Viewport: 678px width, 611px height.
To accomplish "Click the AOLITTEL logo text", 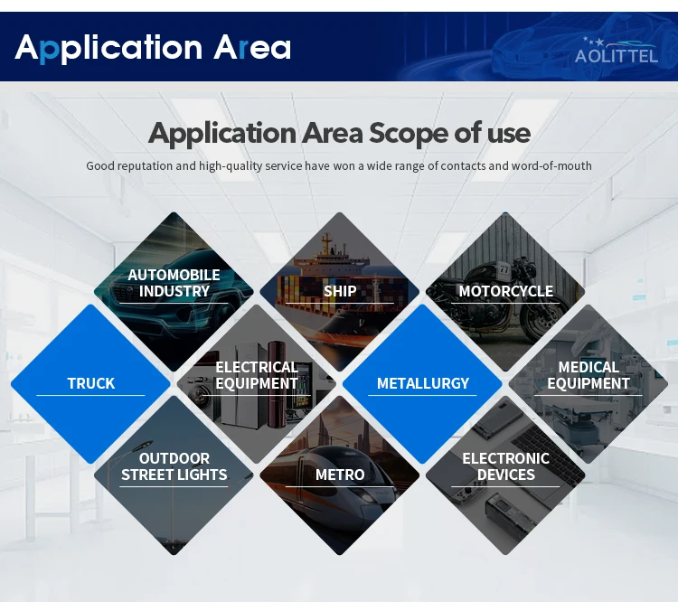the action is (x=617, y=56).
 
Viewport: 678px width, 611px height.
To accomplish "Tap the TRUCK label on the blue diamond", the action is (x=90, y=383).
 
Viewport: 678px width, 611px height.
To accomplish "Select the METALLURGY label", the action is (x=422, y=383).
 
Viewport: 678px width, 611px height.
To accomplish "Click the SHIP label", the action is (x=340, y=291).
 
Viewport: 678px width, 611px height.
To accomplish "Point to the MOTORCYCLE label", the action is (x=505, y=291).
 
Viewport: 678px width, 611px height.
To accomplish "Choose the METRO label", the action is (x=340, y=475).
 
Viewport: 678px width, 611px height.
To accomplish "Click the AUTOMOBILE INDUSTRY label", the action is (x=174, y=283).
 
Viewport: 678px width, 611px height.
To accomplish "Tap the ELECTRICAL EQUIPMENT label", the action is (x=257, y=375).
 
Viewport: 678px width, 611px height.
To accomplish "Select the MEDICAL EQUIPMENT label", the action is (x=589, y=375).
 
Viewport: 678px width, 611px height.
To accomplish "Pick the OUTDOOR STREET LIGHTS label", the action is (x=174, y=466).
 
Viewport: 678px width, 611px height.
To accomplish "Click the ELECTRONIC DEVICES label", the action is (x=505, y=466).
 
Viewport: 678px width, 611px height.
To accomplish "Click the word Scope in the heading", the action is (x=409, y=133).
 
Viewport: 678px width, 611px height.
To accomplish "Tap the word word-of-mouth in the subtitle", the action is (x=551, y=165).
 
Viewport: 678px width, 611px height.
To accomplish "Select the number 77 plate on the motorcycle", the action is (x=504, y=269).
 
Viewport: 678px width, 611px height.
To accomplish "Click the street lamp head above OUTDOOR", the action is (x=142, y=446).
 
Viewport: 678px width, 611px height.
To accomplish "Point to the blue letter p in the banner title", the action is (x=49, y=51).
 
